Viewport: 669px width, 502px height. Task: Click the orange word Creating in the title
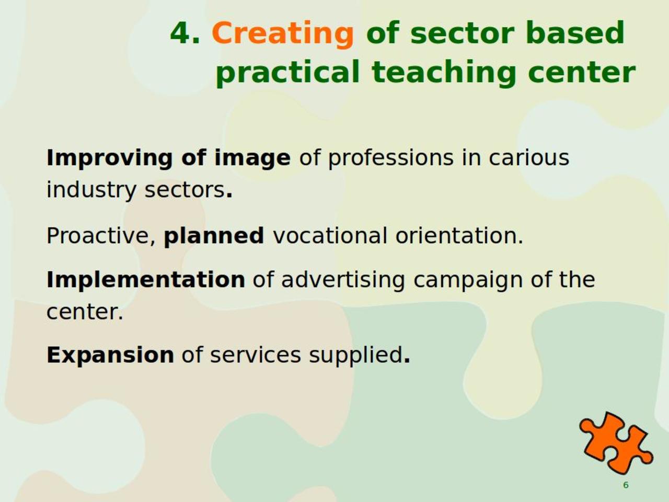283,34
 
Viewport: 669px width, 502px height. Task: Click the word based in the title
575,32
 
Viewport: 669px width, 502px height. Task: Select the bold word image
252,158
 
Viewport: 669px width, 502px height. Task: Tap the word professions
391,158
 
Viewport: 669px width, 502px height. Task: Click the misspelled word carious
529,158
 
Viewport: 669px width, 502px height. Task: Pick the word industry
91,190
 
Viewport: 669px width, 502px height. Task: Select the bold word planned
214,236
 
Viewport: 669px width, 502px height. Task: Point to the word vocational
330,235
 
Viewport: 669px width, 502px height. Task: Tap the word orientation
459,235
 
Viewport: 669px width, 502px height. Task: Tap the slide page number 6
626,485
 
